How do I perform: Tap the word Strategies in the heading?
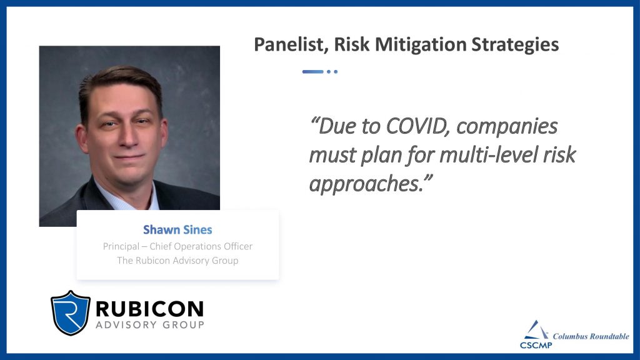pyautogui.click(x=515, y=44)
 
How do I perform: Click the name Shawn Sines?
pyautogui.click(x=177, y=230)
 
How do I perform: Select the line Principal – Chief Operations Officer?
pyautogui.click(x=177, y=246)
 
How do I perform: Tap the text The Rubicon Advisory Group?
pyautogui.click(x=177, y=261)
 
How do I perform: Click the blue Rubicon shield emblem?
pyautogui.click(x=70, y=312)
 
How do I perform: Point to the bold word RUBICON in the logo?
pyautogui.click(x=149, y=309)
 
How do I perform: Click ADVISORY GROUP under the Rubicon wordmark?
pyautogui.click(x=150, y=325)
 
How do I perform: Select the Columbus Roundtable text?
pyautogui.click(x=591, y=336)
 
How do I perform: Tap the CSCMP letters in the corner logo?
pyautogui.click(x=536, y=345)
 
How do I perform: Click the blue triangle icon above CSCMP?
pyautogui.click(x=536, y=330)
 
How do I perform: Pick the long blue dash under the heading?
pyautogui.click(x=312, y=72)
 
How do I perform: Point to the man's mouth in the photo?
pyautogui.click(x=129, y=156)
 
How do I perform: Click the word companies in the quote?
pyautogui.click(x=507, y=127)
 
